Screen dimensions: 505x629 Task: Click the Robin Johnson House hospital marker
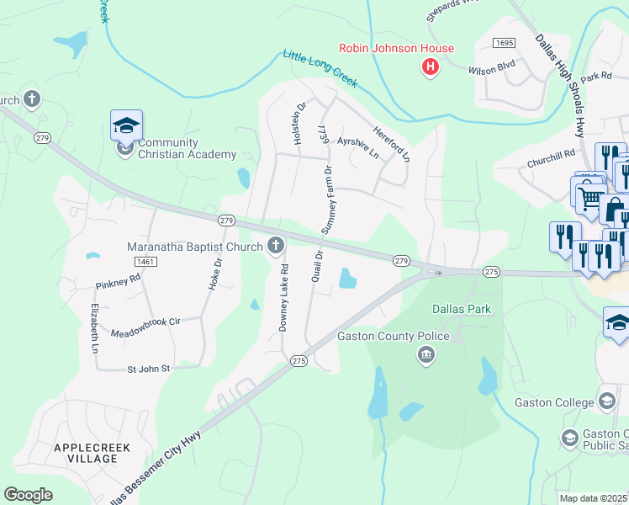(x=431, y=66)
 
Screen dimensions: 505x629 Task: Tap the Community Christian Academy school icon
(x=126, y=127)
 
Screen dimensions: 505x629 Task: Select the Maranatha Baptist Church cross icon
(x=275, y=247)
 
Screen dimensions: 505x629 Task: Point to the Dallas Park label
(x=461, y=309)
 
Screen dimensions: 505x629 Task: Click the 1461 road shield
(x=145, y=263)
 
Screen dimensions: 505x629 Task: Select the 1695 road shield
(x=504, y=43)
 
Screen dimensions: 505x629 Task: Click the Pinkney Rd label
(x=118, y=279)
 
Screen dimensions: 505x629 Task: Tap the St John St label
(x=148, y=369)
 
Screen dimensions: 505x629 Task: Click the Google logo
(x=28, y=495)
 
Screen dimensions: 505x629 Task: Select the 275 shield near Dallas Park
(x=492, y=272)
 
